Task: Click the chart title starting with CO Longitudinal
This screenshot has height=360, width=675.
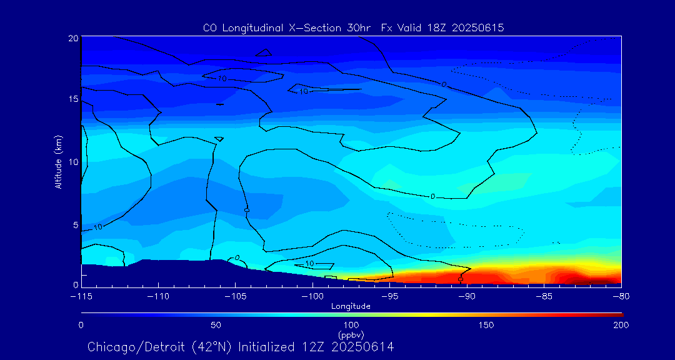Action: (354, 28)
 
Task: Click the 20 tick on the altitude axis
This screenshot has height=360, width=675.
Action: (72, 38)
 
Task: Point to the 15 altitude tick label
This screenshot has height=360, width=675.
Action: (72, 100)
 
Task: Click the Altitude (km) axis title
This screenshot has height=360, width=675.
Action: (58, 161)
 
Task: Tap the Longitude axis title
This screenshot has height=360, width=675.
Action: (351, 306)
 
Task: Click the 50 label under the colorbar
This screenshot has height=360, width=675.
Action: (216, 325)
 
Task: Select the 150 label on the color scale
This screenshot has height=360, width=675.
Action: (486, 325)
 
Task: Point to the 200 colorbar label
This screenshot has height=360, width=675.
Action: (621, 325)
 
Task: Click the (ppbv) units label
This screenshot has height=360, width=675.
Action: (351, 334)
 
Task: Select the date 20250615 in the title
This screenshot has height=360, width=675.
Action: (476, 28)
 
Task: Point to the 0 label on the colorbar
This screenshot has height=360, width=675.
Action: (81, 325)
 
